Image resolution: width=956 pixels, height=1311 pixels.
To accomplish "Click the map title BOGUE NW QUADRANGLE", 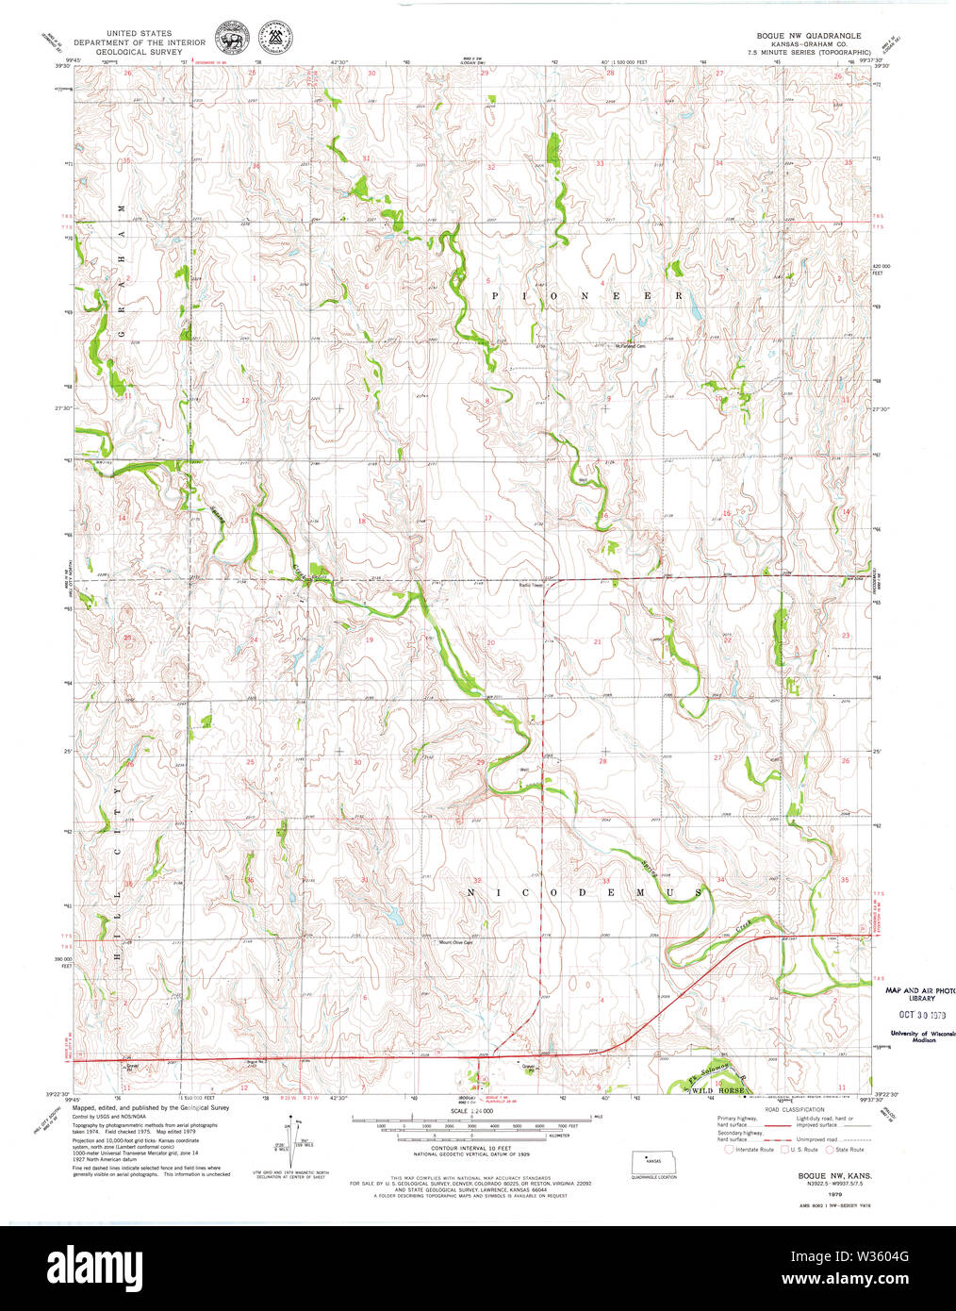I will [802, 35].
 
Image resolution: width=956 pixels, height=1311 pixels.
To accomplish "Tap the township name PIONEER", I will [585, 295].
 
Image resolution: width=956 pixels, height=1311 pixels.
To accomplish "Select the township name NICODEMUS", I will [585, 891].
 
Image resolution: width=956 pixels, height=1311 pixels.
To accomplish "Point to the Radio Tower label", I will [532, 585].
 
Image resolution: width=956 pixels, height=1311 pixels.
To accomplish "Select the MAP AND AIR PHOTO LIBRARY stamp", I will [919, 994].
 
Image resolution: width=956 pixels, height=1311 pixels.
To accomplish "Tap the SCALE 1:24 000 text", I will [472, 1110].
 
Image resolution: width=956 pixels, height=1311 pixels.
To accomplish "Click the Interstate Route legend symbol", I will [729, 1149].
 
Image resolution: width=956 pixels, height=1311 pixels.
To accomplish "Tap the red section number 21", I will [597, 641].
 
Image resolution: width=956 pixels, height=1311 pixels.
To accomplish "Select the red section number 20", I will [490, 642].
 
